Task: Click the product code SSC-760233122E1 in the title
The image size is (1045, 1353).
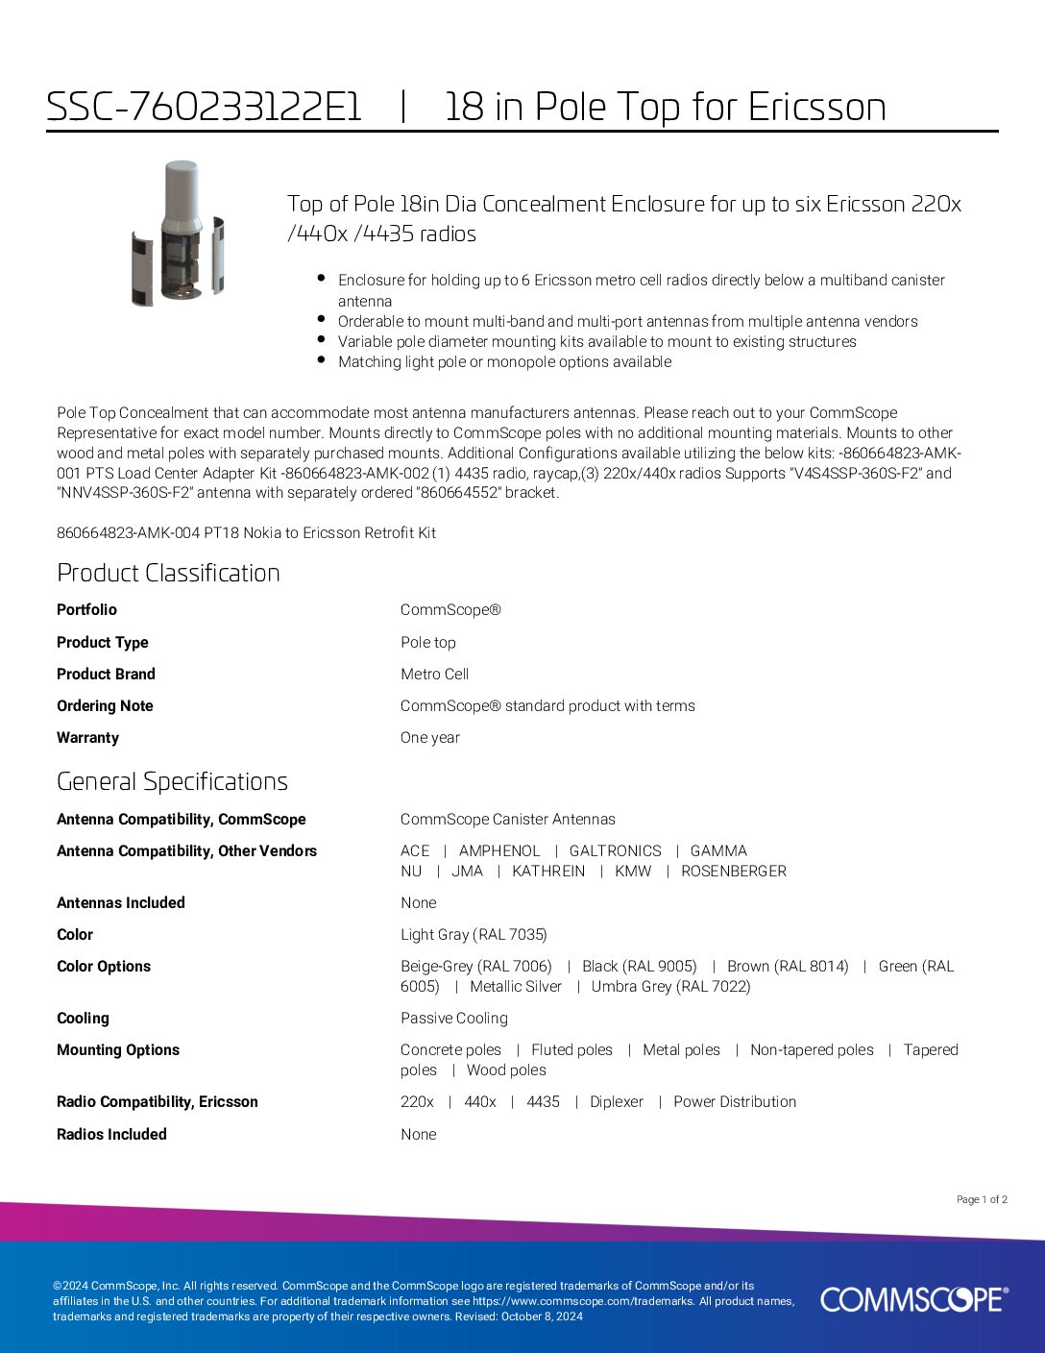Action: coord(204,107)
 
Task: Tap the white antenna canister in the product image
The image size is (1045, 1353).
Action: coord(181,192)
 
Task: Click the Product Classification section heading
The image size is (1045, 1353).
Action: coord(168,573)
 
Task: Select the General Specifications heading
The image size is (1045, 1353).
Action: coord(172,781)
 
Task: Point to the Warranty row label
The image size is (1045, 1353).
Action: coord(87,737)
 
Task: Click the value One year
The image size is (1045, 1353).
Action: coord(429,737)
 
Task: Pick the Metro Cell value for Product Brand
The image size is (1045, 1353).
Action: coord(434,674)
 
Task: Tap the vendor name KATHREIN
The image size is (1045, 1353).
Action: coord(547,871)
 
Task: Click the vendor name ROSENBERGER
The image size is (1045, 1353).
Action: coord(733,871)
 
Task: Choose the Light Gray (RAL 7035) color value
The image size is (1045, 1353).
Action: coord(474,934)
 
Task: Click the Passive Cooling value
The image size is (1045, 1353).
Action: coord(453,1018)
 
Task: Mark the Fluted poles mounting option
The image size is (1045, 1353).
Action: coord(571,1049)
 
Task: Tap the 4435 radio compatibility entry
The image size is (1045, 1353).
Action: coord(543,1101)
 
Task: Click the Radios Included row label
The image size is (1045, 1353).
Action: coord(111,1134)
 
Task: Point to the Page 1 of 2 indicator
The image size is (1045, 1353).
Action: coord(982,1199)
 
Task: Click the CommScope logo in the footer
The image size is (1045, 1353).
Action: coord(913,1299)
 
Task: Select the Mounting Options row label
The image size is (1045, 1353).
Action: coord(118,1049)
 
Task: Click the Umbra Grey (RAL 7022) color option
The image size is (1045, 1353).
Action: coord(670,986)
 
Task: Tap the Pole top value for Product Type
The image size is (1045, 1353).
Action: coord(427,642)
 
